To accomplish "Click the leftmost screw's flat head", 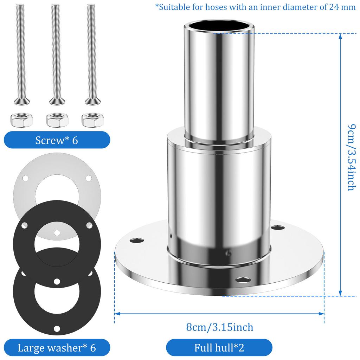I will point(21,101).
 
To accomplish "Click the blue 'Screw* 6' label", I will point(57,140).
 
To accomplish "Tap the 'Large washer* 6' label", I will point(57,348).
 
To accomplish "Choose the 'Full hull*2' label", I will point(219,348).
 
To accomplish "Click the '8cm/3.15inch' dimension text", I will point(220,327).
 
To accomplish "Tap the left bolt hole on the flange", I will point(136,240).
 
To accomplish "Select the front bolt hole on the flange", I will point(243,280).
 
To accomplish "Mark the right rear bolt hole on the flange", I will point(278,228).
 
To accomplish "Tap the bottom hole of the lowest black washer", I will point(57,329).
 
